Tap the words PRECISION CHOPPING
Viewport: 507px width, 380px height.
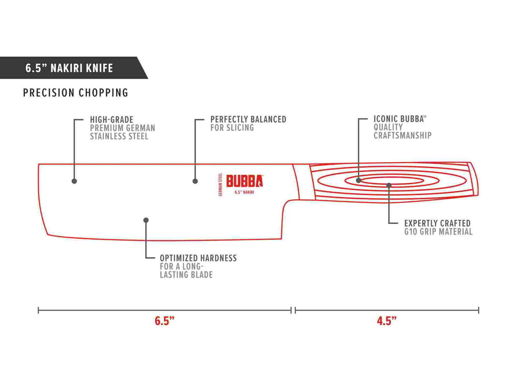(x=76, y=93)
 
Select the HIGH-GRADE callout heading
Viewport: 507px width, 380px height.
(x=112, y=120)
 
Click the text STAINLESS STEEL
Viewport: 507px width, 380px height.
(x=119, y=136)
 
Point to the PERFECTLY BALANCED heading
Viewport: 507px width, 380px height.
(x=248, y=119)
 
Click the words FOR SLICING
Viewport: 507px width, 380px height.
(x=232, y=128)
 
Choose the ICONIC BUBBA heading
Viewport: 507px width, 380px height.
(x=400, y=119)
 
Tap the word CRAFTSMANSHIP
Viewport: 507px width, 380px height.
(x=402, y=136)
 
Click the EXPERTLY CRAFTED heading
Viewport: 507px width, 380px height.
(x=437, y=223)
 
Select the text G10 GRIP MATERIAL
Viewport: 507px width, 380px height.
(x=438, y=232)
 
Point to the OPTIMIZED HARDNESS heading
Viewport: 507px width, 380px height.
(x=198, y=258)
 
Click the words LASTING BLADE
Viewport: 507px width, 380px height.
(x=186, y=275)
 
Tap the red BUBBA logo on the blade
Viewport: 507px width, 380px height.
(x=245, y=181)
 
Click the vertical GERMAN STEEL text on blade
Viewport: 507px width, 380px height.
(x=221, y=185)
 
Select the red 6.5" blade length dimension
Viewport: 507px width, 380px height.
(x=164, y=321)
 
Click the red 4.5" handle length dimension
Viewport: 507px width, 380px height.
(x=387, y=321)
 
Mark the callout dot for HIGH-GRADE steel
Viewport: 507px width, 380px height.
(x=74, y=181)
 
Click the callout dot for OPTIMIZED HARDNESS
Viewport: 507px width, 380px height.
(x=146, y=220)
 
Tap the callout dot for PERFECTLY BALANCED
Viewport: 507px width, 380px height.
(x=195, y=181)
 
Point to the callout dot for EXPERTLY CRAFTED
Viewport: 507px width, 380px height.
(x=389, y=185)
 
